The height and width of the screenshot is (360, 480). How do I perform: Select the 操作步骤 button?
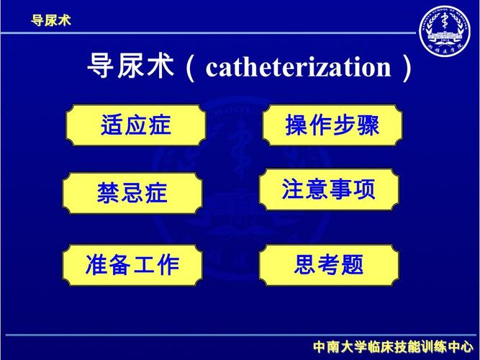pyautogui.click(x=332, y=125)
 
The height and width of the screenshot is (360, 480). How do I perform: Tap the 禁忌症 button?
pyautogui.click(x=132, y=193)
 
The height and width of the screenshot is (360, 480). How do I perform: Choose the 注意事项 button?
pyautogui.click(x=329, y=190)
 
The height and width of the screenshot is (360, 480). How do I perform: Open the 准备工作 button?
pyautogui.click(x=132, y=265)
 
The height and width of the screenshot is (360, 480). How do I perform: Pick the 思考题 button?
pyautogui.click(x=329, y=265)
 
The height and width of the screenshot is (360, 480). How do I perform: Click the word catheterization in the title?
pyautogui.click(x=298, y=68)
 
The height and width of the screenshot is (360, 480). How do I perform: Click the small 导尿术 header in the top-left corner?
pyautogui.click(x=50, y=19)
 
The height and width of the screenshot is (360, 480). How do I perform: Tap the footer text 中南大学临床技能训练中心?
pyautogui.click(x=393, y=348)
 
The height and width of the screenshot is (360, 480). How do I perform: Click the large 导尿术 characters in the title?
pyautogui.click(x=131, y=68)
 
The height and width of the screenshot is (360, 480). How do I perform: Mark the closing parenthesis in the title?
pyautogui.click(x=408, y=69)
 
